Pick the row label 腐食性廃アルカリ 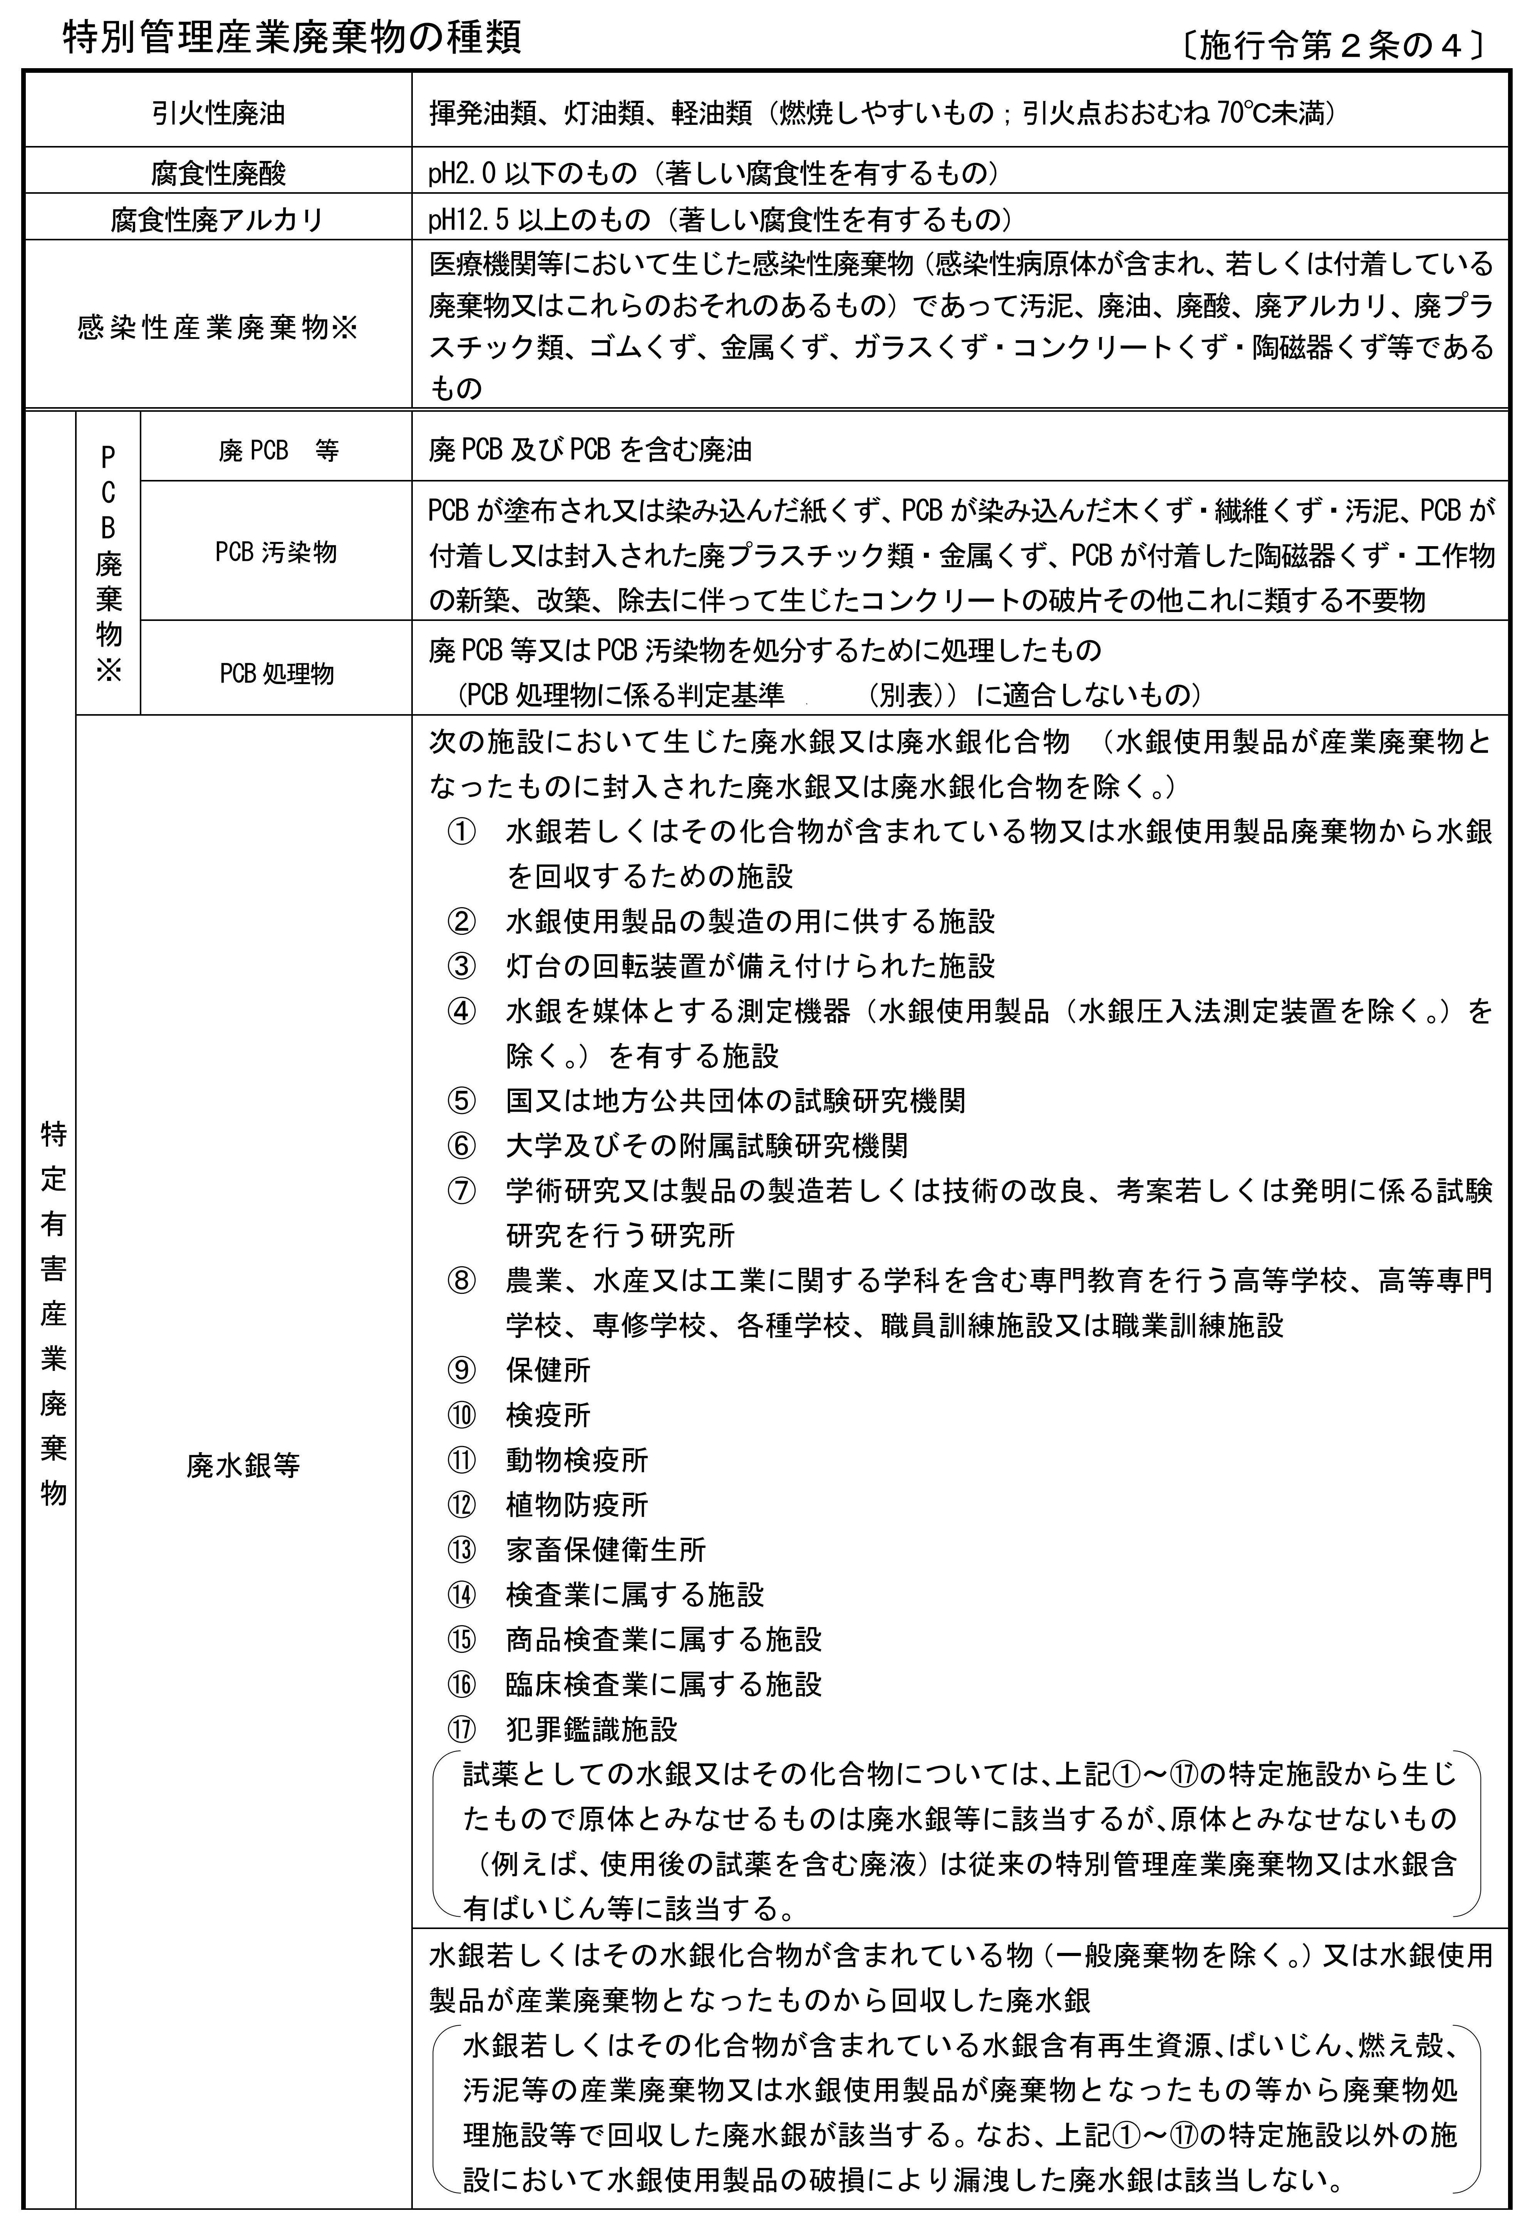point(219,220)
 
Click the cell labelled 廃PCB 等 point(278,451)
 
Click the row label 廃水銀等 point(243,1465)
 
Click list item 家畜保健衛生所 point(606,1550)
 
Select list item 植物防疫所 point(577,1505)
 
